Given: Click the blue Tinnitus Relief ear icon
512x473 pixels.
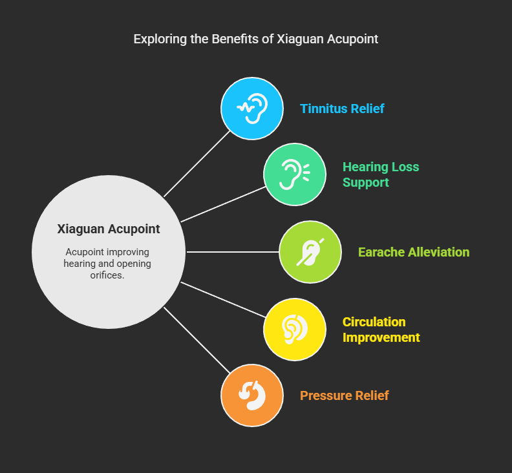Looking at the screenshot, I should pyautogui.click(x=252, y=109).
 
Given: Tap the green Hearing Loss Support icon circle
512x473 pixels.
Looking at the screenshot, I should pyautogui.click(x=295, y=174).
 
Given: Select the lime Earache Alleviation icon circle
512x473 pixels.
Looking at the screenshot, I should pyautogui.click(x=310, y=252).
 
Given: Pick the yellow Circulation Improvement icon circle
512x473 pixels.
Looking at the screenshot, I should pyautogui.click(x=295, y=330).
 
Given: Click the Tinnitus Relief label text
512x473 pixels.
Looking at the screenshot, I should pyautogui.click(x=342, y=109).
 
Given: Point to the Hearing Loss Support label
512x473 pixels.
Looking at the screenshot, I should pyautogui.click(x=381, y=174).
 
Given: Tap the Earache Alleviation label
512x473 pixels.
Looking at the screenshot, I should pyautogui.click(x=414, y=252).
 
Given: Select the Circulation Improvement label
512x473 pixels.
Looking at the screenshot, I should pyautogui.click(x=381, y=330).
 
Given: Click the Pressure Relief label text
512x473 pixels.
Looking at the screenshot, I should pyautogui.click(x=344, y=395).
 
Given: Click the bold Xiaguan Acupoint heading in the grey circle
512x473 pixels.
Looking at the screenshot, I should pyautogui.click(x=109, y=229).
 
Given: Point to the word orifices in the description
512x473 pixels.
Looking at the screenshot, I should pyautogui.click(x=109, y=275).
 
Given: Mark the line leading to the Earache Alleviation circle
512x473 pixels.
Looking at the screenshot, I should pyautogui.click(x=233, y=252).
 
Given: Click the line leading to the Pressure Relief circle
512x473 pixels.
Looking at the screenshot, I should pyautogui.click(x=197, y=341).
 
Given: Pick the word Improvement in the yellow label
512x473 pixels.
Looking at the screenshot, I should pyautogui.click(x=381, y=337).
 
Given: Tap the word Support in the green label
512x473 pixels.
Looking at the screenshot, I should pyautogui.click(x=366, y=182).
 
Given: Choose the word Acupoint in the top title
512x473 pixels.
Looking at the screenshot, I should pyautogui.click(x=352, y=39).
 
